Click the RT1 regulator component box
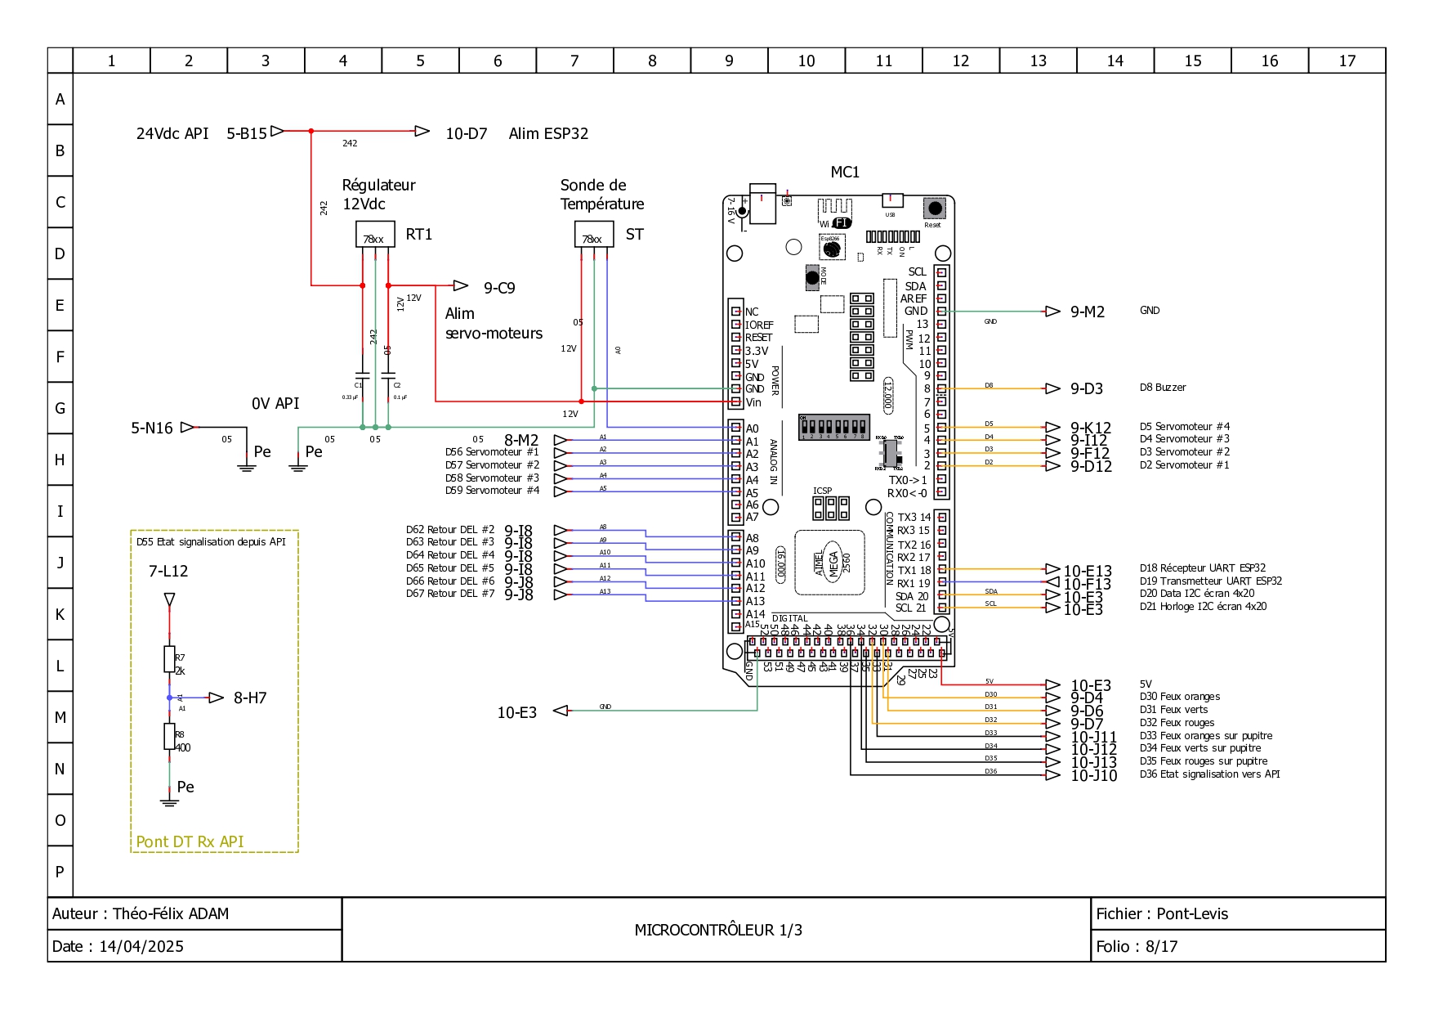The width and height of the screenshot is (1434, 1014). (x=375, y=235)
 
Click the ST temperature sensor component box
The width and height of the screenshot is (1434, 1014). (x=593, y=235)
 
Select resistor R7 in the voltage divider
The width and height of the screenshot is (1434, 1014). (x=169, y=659)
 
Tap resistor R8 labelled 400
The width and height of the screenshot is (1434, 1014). (x=169, y=736)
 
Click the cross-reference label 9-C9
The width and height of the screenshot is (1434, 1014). (x=498, y=288)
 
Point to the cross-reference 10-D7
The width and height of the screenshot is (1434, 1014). (x=466, y=133)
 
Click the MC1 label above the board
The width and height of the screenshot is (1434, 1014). (x=845, y=172)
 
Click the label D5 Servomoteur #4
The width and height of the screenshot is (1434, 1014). (x=1184, y=427)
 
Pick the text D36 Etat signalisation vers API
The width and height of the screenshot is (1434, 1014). (x=1209, y=774)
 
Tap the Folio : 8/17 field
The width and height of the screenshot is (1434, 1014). (x=1137, y=946)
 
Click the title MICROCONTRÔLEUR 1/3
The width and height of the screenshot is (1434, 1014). (x=717, y=930)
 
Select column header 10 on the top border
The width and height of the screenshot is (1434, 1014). (x=806, y=61)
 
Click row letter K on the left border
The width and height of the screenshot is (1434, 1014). (x=60, y=614)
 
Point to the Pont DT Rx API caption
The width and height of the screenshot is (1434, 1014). (x=190, y=841)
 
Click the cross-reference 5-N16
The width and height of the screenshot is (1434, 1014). (x=152, y=428)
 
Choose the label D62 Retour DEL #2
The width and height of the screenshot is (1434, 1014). (x=449, y=530)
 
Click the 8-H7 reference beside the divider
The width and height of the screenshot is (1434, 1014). (x=250, y=698)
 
